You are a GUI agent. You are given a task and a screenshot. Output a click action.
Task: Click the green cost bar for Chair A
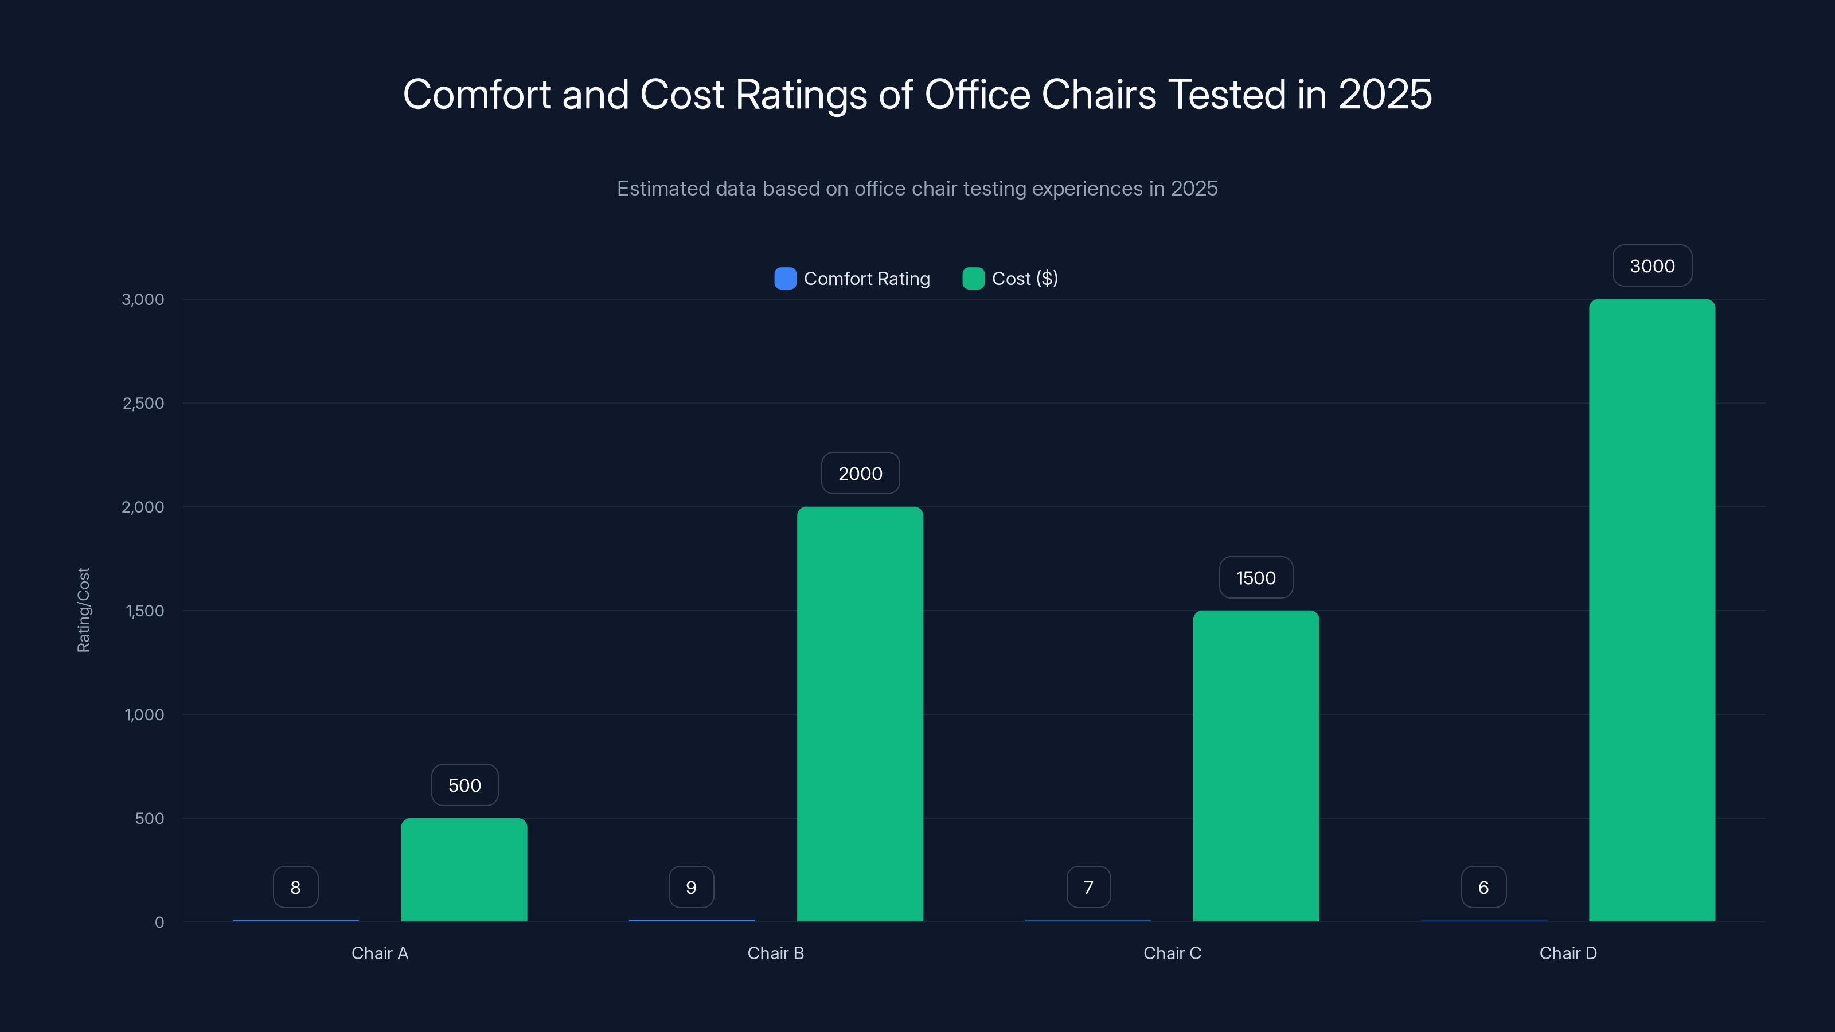tap(464, 870)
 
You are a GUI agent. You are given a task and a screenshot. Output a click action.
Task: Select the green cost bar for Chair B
tap(860, 714)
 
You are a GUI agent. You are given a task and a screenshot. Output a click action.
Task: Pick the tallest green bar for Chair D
tap(1652, 611)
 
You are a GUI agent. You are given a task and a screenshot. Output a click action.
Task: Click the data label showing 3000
tap(1652, 265)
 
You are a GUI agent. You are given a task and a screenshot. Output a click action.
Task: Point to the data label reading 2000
tap(860, 474)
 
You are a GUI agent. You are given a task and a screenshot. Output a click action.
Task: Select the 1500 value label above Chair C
tap(1256, 577)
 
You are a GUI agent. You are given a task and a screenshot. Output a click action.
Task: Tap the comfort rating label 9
tap(691, 888)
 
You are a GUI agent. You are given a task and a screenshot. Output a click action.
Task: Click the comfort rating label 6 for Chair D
tap(1483, 888)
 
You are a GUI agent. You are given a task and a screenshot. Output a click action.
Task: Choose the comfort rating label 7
tap(1088, 888)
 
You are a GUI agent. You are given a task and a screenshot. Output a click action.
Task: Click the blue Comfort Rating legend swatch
tap(785, 279)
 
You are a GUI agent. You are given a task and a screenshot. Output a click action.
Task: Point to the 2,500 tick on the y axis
tap(143, 403)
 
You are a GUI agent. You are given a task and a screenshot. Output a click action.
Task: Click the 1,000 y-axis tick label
tap(144, 714)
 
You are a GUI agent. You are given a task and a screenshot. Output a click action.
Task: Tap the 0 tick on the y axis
tap(159, 922)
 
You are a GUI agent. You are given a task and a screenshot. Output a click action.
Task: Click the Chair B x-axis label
tap(776, 953)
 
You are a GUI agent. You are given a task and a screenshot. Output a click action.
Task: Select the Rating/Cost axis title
tap(83, 609)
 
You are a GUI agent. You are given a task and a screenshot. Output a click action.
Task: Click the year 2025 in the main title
tap(1385, 94)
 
